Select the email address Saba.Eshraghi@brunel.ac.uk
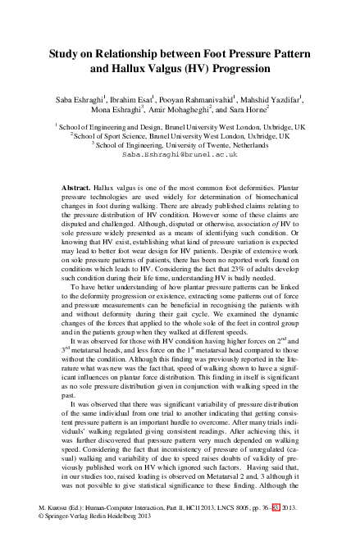coord(180,153)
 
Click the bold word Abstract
coord(76,189)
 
